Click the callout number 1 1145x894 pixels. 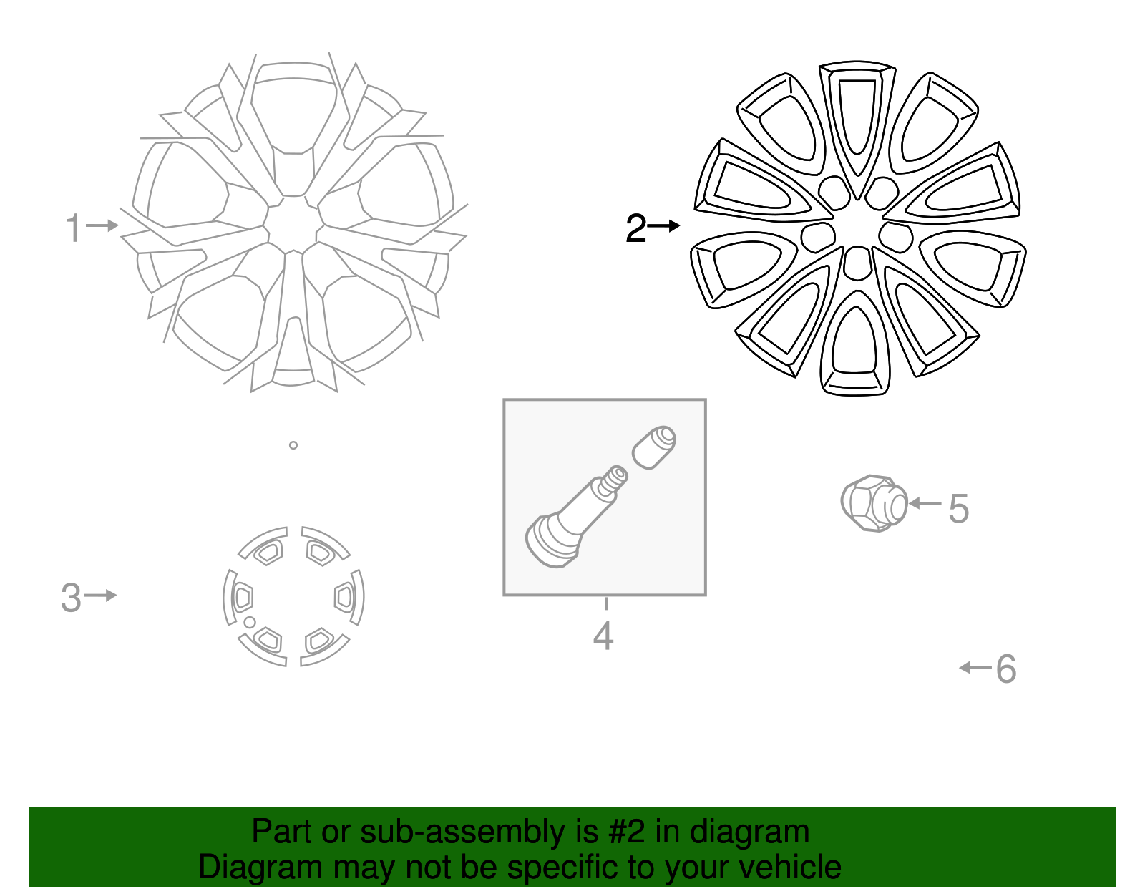(x=72, y=228)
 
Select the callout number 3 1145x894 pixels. (x=71, y=598)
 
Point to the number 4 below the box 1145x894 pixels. (x=603, y=636)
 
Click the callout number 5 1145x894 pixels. (x=959, y=509)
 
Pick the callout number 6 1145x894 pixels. (x=1006, y=669)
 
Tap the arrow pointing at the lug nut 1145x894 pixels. (x=925, y=504)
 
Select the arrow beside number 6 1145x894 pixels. (x=975, y=668)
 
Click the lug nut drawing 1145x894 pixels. (x=874, y=503)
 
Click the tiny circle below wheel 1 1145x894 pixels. (x=293, y=445)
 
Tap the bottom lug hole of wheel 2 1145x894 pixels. (x=857, y=263)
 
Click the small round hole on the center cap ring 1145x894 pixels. (x=249, y=622)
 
